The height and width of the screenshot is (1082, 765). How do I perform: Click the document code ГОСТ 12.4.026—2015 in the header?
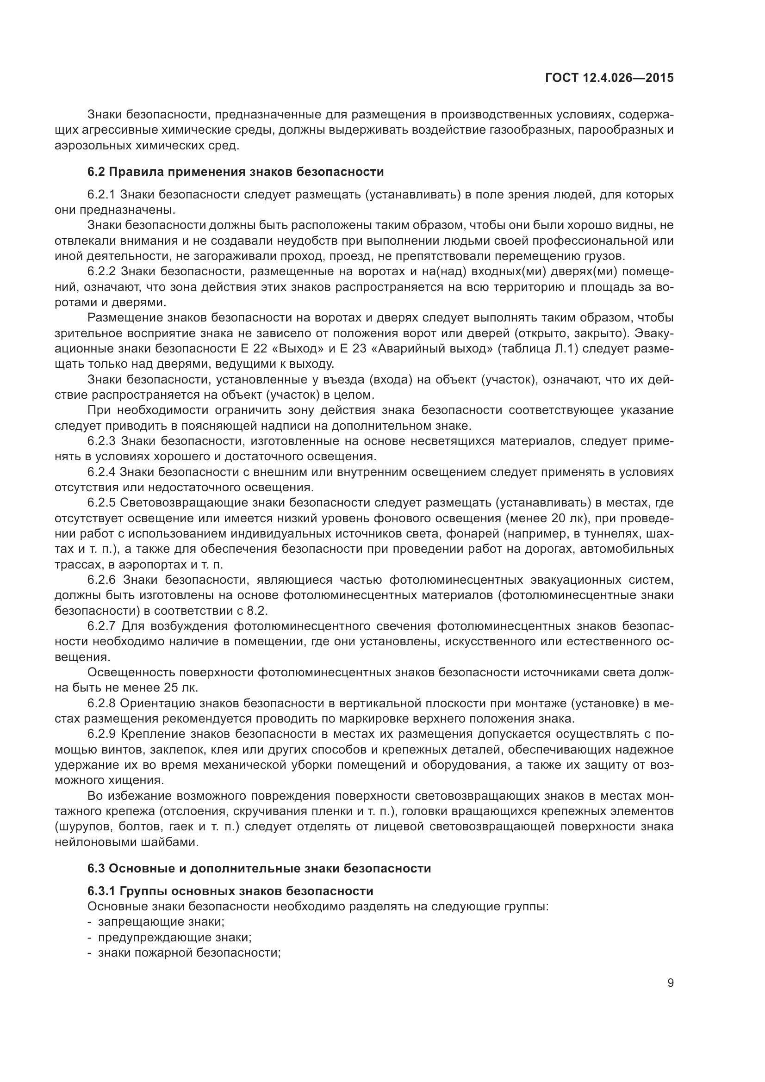tap(609, 78)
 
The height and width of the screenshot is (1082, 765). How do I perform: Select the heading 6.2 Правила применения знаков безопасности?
tap(236, 172)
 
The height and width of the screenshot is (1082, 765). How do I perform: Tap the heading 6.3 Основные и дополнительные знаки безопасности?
tap(259, 868)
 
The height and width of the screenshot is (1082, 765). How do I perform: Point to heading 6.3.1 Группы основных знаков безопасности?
tap(230, 891)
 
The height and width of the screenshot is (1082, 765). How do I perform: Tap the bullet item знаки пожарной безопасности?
tap(189, 953)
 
